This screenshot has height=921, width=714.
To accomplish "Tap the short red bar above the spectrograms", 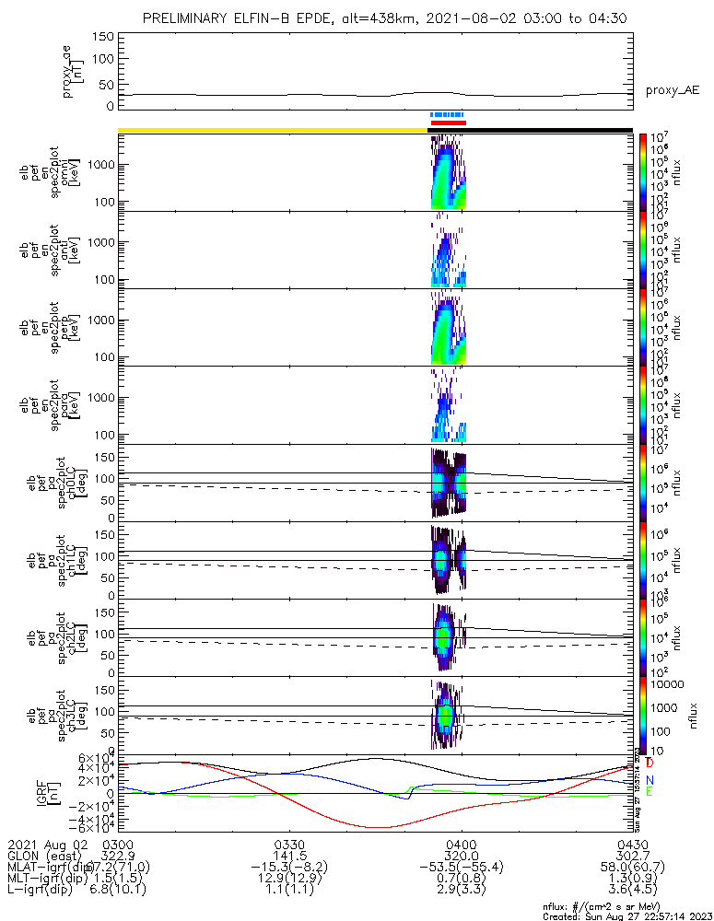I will (449, 122).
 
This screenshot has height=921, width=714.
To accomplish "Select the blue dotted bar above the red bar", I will (449, 115).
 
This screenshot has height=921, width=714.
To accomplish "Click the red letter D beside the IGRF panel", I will (650, 764).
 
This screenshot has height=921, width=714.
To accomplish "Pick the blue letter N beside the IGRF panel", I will (650, 779).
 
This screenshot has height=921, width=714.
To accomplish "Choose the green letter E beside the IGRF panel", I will (650, 791).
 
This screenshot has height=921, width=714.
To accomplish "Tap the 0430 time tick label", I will (632, 844).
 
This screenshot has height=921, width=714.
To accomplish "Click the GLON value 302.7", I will (632, 856).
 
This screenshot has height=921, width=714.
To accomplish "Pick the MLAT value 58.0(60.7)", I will (632, 868).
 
